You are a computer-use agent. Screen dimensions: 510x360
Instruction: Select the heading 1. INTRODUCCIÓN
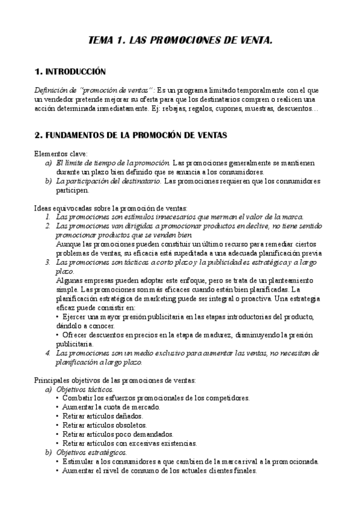[70, 72]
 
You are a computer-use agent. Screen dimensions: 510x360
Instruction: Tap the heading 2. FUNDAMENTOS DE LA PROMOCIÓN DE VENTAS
[130, 135]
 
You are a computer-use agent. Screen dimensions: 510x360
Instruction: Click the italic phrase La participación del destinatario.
[108, 181]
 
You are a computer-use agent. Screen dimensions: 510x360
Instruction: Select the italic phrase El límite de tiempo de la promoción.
[113, 162]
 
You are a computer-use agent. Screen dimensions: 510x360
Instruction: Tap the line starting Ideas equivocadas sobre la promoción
[111, 207]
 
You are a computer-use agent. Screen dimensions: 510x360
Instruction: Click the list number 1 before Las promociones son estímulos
[48, 217]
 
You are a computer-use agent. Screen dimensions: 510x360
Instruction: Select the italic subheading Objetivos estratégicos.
[91, 452]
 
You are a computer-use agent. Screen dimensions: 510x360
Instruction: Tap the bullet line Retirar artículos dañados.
[102, 416]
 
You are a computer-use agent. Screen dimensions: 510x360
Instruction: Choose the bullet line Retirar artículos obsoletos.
[104, 425]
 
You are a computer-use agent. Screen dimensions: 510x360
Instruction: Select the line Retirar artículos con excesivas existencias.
[129, 443]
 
